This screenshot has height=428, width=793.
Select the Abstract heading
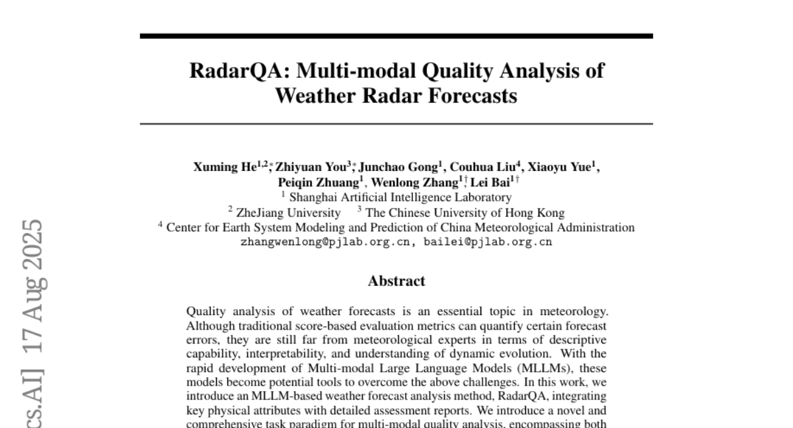(397, 281)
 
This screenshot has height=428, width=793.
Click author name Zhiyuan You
(310, 167)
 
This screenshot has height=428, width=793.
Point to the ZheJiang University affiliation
(288, 213)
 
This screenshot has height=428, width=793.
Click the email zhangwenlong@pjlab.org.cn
(326, 242)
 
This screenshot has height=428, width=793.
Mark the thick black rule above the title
(397, 36)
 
